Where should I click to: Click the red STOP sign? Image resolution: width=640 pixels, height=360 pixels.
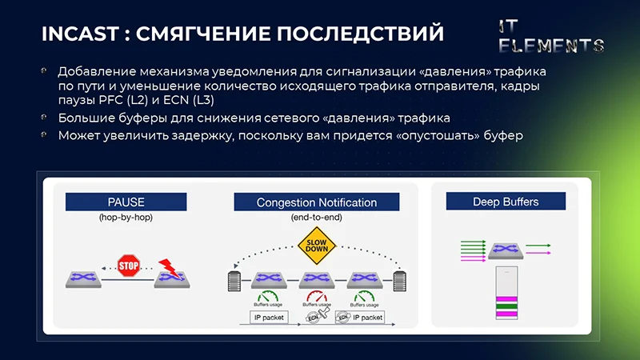pyautogui.click(x=129, y=266)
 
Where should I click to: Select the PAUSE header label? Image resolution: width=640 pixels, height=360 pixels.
pyautogui.click(x=126, y=202)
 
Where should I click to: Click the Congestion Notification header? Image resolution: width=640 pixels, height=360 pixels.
pyautogui.click(x=316, y=202)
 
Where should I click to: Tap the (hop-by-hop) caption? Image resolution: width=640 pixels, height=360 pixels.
pyautogui.click(x=126, y=218)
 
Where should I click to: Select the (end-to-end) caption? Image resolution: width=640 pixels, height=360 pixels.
pyautogui.click(x=316, y=218)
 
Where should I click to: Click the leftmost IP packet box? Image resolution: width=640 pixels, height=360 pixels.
pyautogui.click(x=269, y=318)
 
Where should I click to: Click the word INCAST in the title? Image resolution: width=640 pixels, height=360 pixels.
pyautogui.click(x=79, y=34)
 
